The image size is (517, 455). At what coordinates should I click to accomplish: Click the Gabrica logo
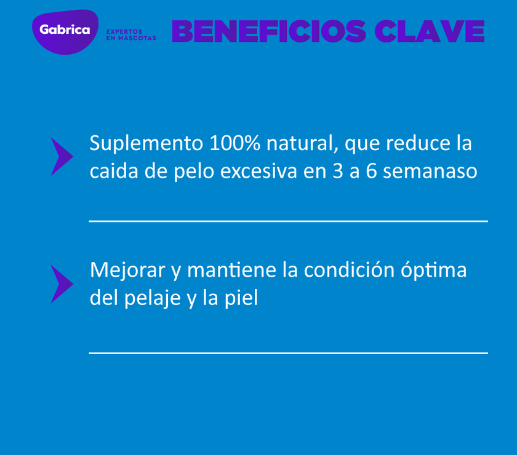pyautogui.click(x=65, y=30)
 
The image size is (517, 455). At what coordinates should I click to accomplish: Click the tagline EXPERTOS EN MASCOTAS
pyautogui.click(x=130, y=34)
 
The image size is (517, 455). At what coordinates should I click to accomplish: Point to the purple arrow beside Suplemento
pyautogui.click(x=61, y=157)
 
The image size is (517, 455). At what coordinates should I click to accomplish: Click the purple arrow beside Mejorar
pyautogui.click(x=61, y=284)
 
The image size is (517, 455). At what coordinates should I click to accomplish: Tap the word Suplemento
pyautogui.click(x=146, y=143)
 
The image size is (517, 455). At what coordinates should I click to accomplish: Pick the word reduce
pyautogui.click(x=412, y=143)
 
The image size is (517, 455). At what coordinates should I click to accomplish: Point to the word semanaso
pyautogui.click(x=430, y=171)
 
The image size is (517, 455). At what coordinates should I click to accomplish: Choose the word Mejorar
pyautogui.click(x=127, y=271)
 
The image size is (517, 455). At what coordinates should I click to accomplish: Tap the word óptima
pyautogui.click(x=434, y=271)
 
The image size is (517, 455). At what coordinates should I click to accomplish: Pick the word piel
pyautogui.click(x=241, y=298)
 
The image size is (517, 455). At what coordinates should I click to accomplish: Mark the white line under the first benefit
pyautogui.click(x=288, y=221)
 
